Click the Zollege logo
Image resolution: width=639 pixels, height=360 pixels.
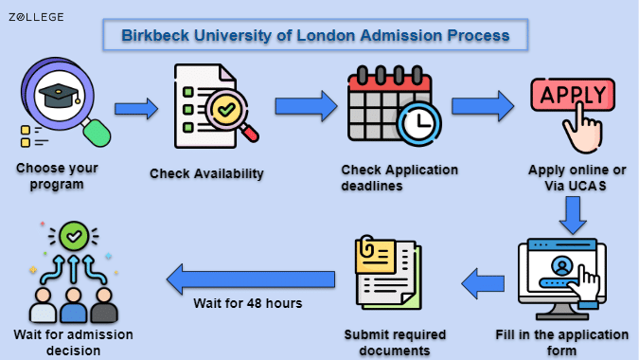click(36, 17)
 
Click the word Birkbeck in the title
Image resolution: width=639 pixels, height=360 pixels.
click(155, 35)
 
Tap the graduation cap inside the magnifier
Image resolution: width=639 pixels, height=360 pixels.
click(60, 96)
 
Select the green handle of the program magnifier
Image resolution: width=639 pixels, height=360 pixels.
click(97, 132)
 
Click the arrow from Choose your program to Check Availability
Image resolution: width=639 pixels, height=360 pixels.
click(136, 109)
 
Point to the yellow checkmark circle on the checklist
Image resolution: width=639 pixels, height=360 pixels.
click(226, 109)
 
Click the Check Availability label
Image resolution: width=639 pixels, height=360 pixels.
click(206, 173)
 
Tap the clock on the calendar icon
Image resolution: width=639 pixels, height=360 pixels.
click(419, 124)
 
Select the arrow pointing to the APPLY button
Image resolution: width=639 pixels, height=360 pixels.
click(483, 106)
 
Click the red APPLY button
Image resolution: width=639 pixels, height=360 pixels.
click(573, 95)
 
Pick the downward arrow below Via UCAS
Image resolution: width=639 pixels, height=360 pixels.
click(573, 215)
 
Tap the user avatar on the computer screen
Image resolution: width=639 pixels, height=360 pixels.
click(562, 265)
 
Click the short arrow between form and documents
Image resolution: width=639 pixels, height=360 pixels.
click(483, 283)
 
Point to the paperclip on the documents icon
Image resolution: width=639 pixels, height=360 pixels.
click(366, 246)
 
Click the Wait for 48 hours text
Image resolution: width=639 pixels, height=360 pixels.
click(248, 303)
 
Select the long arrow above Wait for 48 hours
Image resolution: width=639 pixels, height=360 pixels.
click(251, 279)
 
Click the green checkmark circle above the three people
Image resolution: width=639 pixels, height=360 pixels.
click(74, 236)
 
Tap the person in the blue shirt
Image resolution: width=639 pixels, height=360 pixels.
click(73, 305)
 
